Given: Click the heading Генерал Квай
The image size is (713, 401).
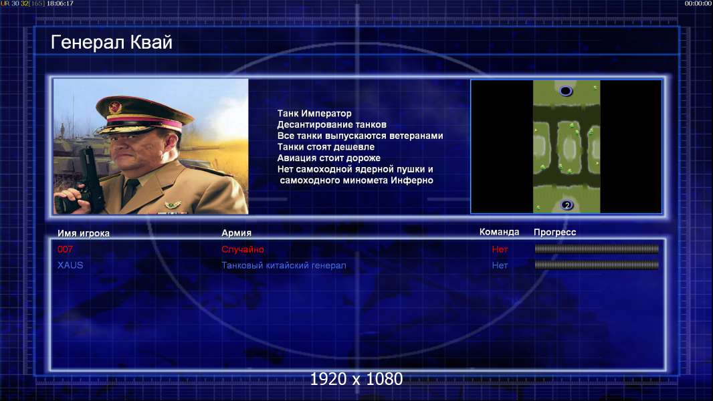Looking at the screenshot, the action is tap(112, 42).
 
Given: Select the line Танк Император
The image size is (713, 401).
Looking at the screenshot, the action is tap(314, 114).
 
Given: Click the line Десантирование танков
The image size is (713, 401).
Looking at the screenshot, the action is tap(332, 124).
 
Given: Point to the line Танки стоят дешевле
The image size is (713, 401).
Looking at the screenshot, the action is tap(326, 146).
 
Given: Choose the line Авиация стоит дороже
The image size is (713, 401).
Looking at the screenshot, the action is tap(329, 158).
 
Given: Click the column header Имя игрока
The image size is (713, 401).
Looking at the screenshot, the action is tap(83, 233).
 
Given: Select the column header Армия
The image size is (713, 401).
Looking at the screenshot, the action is tap(237, 233).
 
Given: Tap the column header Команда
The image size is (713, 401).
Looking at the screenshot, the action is tap(499, 232).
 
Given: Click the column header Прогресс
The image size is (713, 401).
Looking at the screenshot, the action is tap(554, 232).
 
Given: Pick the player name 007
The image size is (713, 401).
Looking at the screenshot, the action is tap(65, 249).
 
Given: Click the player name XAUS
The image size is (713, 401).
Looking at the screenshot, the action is tap(70, 265).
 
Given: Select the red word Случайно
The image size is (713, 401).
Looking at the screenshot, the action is tap(242, 249).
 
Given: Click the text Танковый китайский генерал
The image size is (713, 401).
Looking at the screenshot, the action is tap(284, 265).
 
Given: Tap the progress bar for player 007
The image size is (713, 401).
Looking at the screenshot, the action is tap(597, 249).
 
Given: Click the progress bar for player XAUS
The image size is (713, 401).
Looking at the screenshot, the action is tap(597, 265).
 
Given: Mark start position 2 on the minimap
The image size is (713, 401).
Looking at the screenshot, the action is tap(567, 205).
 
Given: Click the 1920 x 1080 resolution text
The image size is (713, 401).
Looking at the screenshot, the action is tap(356, 379).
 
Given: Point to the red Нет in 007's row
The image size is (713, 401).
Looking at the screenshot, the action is tap(500, 249).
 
